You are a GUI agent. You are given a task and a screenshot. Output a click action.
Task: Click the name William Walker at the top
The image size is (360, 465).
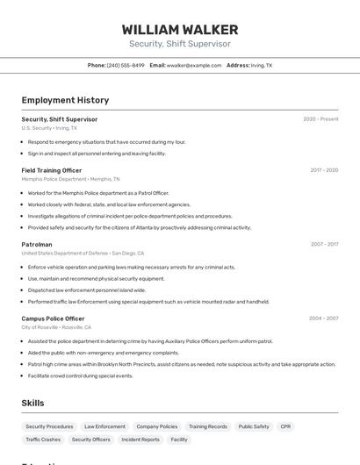(x=180, y=29)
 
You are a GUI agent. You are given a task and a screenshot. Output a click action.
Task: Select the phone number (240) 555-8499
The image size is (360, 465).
(x=126, y=65)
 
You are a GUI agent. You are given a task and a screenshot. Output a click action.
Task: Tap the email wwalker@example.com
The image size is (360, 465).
(x=194, y=65)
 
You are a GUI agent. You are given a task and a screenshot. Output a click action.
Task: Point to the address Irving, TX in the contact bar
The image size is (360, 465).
(x=262, y=65)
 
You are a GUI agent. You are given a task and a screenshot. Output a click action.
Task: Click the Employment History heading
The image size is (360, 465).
(x=65, y=100)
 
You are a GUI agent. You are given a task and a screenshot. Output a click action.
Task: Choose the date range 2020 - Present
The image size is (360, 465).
(x=320, y=119)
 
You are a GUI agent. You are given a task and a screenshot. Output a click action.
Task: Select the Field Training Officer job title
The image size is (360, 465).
(x=52, y=170)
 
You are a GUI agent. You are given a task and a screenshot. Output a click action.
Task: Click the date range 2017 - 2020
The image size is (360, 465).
(x=324, y=170)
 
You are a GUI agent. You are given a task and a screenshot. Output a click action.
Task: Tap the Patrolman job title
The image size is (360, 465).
(x=37, y=244)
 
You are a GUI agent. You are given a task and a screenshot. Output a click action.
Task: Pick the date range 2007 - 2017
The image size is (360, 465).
(x=324, y=244)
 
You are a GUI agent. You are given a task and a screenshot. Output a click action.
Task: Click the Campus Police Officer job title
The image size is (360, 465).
(x=53, y=318)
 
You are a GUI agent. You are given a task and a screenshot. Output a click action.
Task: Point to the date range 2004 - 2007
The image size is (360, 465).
(x=323, y=318)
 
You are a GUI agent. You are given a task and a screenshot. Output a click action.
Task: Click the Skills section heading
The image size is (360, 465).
(x=33, y=403)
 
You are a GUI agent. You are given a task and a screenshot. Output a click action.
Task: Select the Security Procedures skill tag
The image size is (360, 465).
(x=49, y=426)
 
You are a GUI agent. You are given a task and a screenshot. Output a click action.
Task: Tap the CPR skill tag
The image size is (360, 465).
(x=285, y=426)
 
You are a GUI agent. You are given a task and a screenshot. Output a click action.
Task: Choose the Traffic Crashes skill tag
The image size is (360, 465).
(x=43, y=440)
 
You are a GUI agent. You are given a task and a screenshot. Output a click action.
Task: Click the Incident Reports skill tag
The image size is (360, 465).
(x=140, y=440)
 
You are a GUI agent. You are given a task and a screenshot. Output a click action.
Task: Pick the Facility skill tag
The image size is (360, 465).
(x=179, y=440)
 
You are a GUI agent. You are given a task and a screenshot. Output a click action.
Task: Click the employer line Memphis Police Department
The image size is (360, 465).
(x=54, y=179)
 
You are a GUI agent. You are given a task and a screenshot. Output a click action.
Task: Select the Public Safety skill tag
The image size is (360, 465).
(x=254, y=426)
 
